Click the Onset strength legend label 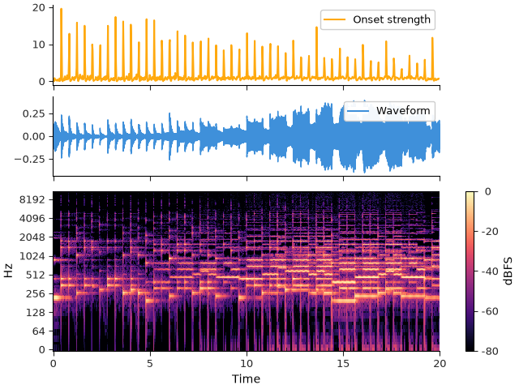pos(392,19)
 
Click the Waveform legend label pos(403,110)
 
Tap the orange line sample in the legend pos(335,19)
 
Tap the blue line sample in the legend pos(358,111)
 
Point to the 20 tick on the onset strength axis pos(38,8)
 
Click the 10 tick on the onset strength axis pos(38,45)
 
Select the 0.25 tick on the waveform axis pos(33,113)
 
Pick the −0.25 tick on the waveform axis pos(29,159)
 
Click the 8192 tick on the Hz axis pos(32,199)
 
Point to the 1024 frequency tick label pos(32,256)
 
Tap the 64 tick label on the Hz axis pos(38,331)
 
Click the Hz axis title pos(8,270)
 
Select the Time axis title pos(246,378)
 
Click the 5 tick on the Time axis pos(150,364)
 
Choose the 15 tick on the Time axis pos(343,364)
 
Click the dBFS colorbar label pos(508,271)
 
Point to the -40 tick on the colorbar pos(489,271)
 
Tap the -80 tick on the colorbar pos(489,351)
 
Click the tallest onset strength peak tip pos(62,9)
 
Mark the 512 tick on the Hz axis pos(35,275)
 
